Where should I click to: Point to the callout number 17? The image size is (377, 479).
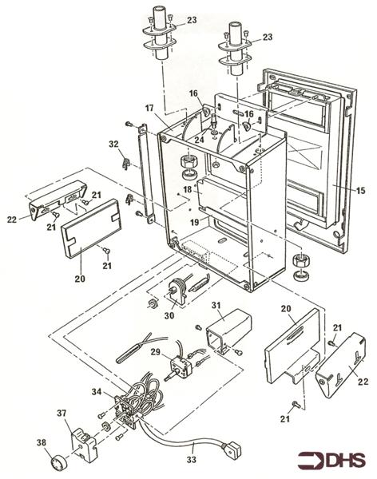pyautogui.click(x=149, y=109)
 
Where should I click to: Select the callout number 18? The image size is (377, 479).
pyautogui.click(x=187, y=190)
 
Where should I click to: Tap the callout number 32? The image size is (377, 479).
pyautogui.click(x=115, y=144)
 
